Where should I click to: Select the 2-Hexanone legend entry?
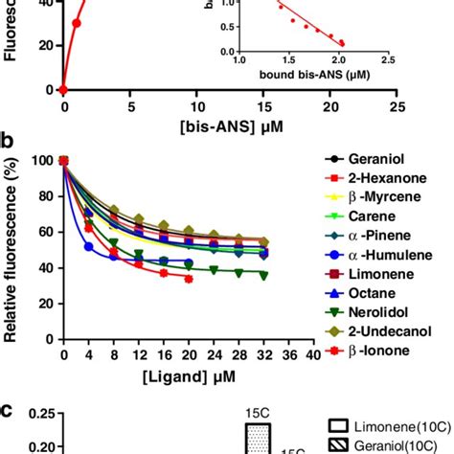click(x=393, y=177)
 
